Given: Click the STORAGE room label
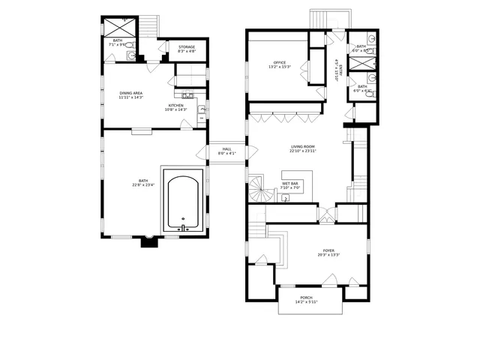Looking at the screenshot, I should (187, 46).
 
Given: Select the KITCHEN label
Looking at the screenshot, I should (176, 106).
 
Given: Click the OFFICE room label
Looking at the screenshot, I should (280, 62).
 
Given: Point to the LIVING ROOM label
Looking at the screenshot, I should (303, 146).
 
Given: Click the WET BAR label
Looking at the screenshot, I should (291, 183).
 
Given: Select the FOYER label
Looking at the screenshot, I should (329, 250).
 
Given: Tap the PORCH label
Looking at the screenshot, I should (306, 298).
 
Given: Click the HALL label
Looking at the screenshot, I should (226, 149).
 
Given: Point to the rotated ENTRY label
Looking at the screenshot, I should (340, 70).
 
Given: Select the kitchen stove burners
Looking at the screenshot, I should (188, 95).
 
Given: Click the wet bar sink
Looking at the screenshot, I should (286, 198).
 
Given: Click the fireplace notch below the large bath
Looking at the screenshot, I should (148, 241).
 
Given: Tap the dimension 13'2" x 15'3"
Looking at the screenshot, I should (280, 67).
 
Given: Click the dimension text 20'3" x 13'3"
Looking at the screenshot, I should (329, 256).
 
